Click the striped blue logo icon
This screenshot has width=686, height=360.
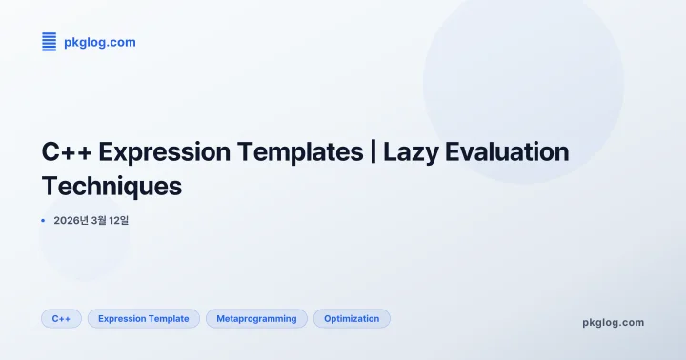click(50, 42)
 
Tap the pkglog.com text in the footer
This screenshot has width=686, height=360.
click(613, 322)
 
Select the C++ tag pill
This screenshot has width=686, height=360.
click(61, 319)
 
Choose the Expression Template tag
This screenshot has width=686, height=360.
click(144, 319)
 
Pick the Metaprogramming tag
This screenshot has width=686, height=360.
click(256, 319)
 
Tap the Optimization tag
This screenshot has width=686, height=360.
click(352, 319)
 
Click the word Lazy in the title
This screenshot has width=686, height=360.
click(412, 152)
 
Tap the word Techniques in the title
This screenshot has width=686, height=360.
click(111, 186)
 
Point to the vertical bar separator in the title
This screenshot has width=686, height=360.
click(373, 152)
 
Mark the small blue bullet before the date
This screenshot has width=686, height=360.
click(43, 221)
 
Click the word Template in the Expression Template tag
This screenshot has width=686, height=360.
click(169, 319)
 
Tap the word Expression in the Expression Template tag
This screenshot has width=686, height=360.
click(122, 319)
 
